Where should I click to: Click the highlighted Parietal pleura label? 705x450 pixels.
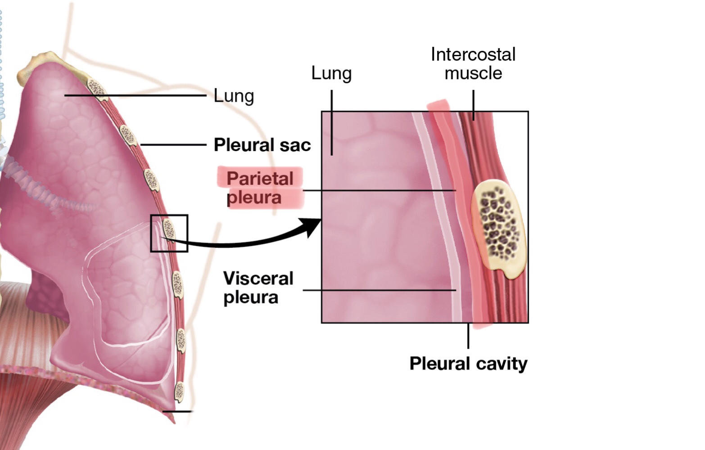coord(260,188)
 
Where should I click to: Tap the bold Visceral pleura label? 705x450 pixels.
coord(258,288)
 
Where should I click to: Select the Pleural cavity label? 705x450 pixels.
coord(468,364)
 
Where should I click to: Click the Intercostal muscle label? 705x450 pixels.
coord(473,63)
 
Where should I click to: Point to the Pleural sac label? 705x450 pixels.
coord(262,145)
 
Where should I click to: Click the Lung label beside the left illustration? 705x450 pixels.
coord(234,96)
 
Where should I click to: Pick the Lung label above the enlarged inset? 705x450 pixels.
coord(331,73)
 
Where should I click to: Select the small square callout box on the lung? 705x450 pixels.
coord(169,233)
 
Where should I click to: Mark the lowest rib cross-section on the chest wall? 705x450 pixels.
coord(180,391)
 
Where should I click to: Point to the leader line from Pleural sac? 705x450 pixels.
coord(173,145)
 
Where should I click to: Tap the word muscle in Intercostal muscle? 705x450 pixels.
coord(473,73)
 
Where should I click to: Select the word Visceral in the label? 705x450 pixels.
coord(258,279)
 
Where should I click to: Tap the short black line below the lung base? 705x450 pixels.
coord(177,411)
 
